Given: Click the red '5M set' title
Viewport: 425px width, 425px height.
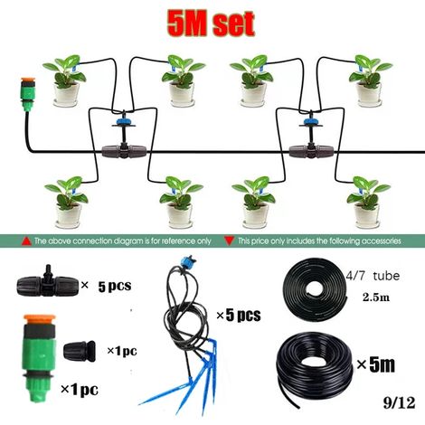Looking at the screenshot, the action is (x=211, y=24).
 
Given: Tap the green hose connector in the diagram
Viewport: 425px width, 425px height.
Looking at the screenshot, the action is (x=28, y=94).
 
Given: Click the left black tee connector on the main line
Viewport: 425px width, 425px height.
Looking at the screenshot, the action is (x=124, y=151).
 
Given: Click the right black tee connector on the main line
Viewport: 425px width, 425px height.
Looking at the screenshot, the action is (x=311, y=151).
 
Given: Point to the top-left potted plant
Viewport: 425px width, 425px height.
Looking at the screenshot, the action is (x=65, y=80).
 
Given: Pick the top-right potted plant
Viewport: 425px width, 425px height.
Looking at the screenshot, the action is (x=370, y=80).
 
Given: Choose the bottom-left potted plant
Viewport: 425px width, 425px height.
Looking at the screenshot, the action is (x=67, y=203).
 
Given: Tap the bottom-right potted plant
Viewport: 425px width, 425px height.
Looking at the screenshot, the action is (x=368, y=203).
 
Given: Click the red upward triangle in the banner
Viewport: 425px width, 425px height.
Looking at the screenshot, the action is (x=26, y=241).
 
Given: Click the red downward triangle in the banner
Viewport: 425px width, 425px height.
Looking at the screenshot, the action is (x=230, y=241).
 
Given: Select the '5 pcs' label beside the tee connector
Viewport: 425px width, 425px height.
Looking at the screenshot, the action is (x=115, y=286).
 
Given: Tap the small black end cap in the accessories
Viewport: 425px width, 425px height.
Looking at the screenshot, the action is (x=80, y=351).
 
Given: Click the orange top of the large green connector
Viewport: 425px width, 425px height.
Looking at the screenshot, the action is (x=40, y=319).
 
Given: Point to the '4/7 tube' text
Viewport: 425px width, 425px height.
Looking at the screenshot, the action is (x=373, y=276).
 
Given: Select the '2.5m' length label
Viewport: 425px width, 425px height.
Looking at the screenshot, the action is (x=376, y=297).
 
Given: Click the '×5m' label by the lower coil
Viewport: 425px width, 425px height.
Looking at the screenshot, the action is (x=375, y=364).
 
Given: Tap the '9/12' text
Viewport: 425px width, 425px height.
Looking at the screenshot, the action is (x=399, y=402).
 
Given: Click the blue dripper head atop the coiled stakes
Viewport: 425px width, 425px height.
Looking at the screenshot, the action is (x=187, y=260).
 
